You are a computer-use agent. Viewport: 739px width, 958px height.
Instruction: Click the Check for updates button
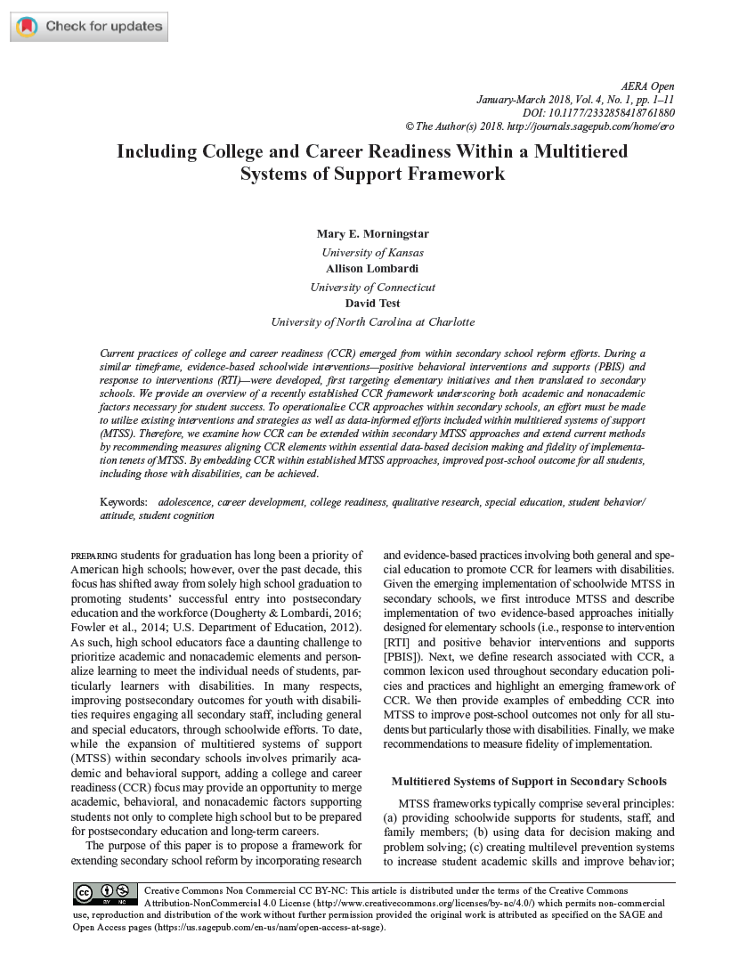click(x=89, y=27)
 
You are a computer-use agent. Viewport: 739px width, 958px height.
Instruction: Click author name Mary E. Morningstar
click(x=372, y=233)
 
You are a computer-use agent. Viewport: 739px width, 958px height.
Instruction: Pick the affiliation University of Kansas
click(x=372, y=253)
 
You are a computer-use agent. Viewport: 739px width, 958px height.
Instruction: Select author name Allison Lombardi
click(x=372, y=268)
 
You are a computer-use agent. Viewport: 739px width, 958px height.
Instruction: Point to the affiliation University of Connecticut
click(x=372, y=288)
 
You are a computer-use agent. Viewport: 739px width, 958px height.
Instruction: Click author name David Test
click(x=372, y=303)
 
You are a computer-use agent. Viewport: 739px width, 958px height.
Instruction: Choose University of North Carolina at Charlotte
click(x=372, y=322)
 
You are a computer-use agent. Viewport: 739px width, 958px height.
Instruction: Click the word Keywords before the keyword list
click(x=124, y=503)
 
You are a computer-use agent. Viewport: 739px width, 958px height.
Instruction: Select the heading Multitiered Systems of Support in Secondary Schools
click(x=529, y=782)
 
